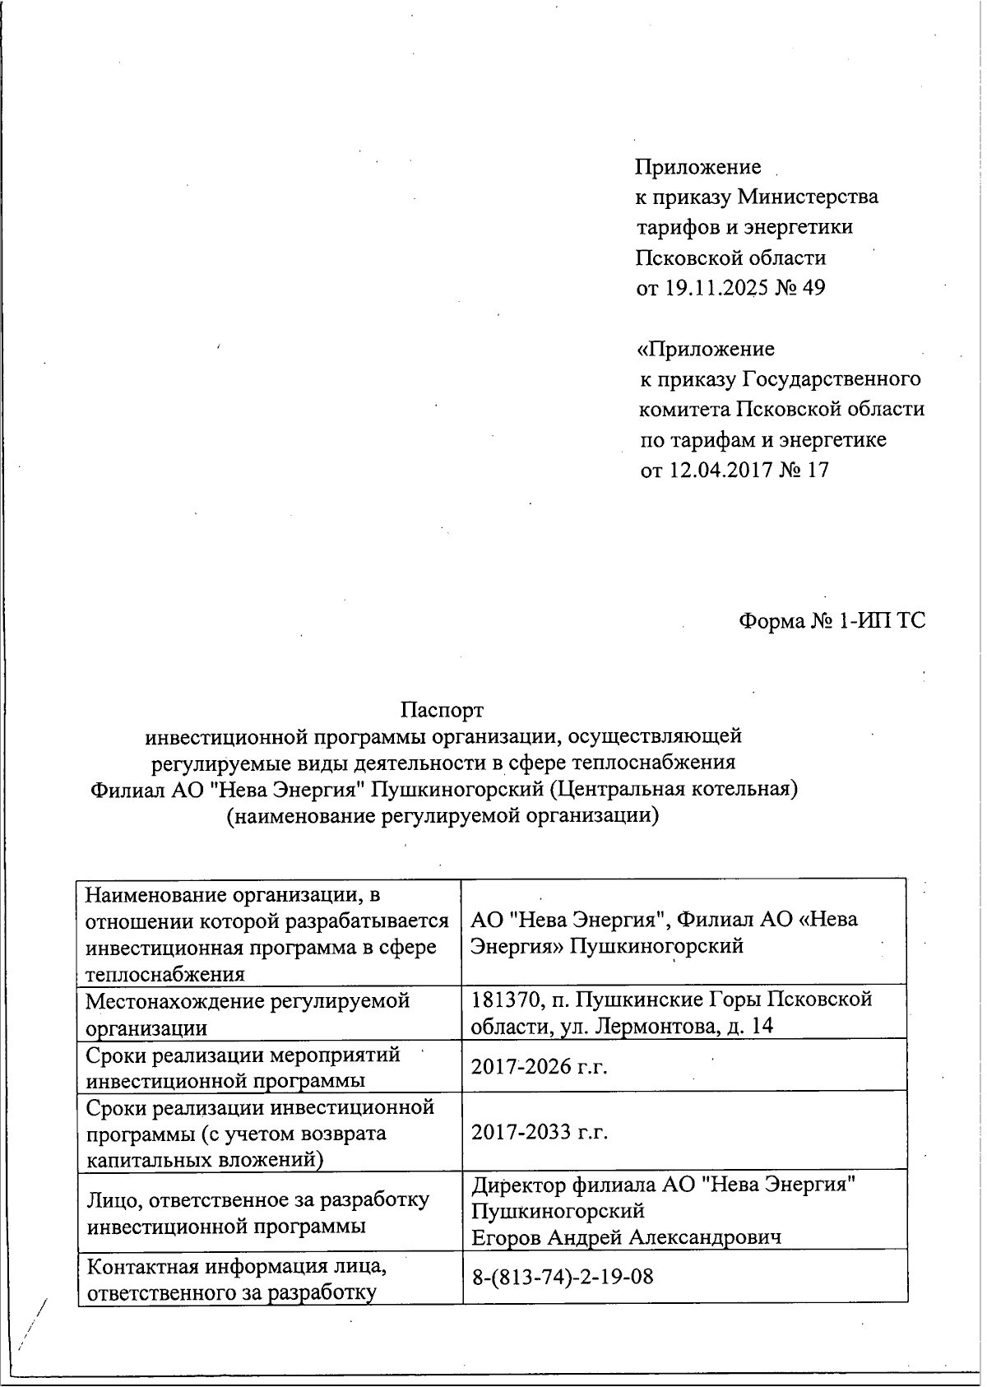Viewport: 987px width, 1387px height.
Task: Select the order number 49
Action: pos(811,288)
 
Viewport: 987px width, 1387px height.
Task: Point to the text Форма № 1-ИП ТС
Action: pos(832,620)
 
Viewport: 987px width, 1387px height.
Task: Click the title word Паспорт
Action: pos(442,709)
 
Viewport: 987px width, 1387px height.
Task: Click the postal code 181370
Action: pos(502,1000)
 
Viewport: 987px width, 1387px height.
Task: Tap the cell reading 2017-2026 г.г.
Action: pos(539,1067)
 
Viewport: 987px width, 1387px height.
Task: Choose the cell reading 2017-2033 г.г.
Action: pos(539,1133)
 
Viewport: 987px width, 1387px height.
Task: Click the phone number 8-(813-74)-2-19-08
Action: pos(563,1278)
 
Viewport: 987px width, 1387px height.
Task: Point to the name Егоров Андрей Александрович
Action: pos(626,1237)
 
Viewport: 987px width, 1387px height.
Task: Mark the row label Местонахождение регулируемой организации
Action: pos(248,1014)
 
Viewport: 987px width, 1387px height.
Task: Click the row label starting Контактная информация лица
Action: pos(237,1278)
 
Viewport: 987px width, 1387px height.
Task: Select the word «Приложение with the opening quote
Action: pos(706,349)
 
